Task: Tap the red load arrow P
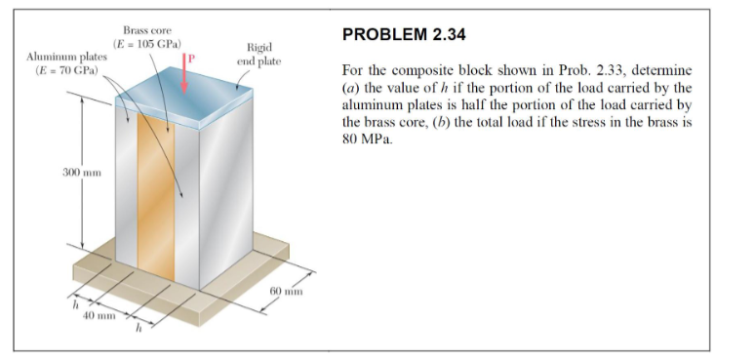pos(184,76)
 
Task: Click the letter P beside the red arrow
pos(192,60)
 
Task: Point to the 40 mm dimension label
pos(99,315)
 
